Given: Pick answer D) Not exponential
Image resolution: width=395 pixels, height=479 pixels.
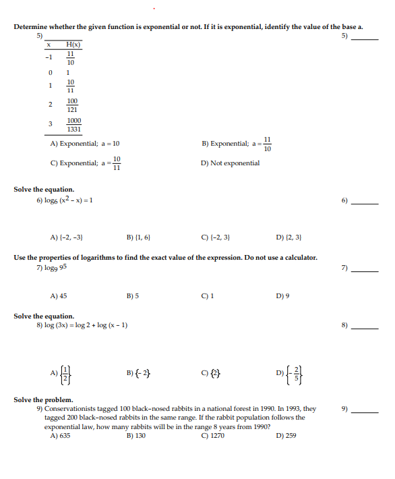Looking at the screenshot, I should pyautogui.click(x=230, y=163).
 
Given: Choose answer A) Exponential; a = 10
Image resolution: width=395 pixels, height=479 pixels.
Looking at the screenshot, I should pyautogui.click(x=85, y=144).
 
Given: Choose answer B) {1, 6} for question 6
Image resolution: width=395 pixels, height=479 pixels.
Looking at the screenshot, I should pyautogui.click(x=138, y=237).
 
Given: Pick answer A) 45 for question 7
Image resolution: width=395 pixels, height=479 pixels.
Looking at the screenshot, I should pyautogui.click(x=59, y=295).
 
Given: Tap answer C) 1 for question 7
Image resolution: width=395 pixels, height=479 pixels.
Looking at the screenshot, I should pyautogui.click(x=206, y=295).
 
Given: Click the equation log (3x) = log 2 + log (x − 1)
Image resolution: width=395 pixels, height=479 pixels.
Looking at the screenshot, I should pyautogui.click(x=82, y=326).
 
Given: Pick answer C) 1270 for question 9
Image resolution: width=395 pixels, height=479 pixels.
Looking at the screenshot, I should pyautogui.click(x=212, y=436).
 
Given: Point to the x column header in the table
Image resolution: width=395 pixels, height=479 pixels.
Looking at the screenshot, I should pyautogui.click(x=49, y=43).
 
